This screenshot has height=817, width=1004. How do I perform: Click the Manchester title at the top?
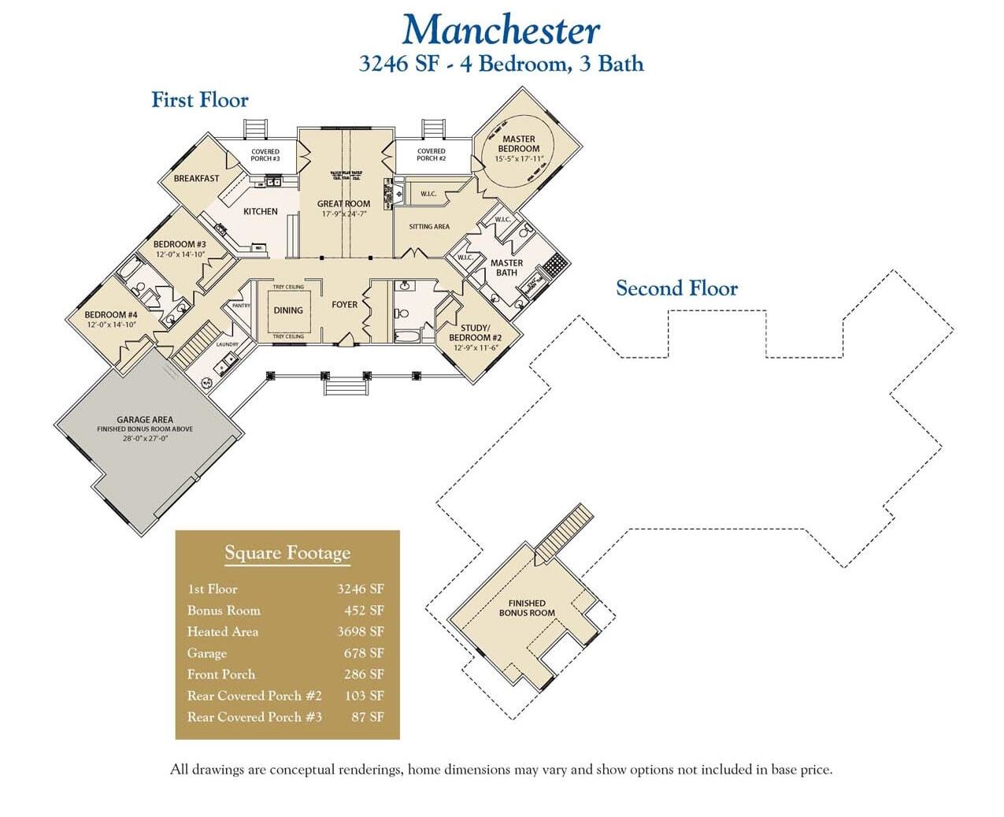pyautogui.click(x=501, y=31)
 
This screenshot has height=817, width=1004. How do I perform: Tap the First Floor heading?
pyautogui.click(x=200, y=100)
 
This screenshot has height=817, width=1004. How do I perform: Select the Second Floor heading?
pyautogui.click(x=676, y=288)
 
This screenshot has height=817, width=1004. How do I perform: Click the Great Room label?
pyautogui.click(x=343, y=204)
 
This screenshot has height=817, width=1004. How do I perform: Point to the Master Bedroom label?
pyautogui.click(x=519, y=144)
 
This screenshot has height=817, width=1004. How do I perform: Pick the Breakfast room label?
pyautogui.click(x=197, y=179)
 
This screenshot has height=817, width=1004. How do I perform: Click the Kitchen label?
pyautogui.click(x=261, y=211)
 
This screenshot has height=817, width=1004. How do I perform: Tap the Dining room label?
pyautogui.click(x=288, y=310)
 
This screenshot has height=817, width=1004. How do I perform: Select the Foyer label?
pyautogui.click(x=344, y=304)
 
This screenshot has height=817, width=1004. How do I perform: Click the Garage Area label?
pyautogui.click(x=145, y=420)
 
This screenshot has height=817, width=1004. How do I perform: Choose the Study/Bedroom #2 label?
pyautogui.click(x=475, y=332)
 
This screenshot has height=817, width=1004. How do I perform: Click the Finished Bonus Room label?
pyautogui.click(x=527, y=608)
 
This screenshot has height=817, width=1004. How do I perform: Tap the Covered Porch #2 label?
pyautogui.click(x=431, y=154)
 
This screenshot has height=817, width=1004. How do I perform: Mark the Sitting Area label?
pyautogui.click(x=429, y=227)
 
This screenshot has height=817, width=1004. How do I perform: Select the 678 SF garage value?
pyautogui.click(x=364, y=653)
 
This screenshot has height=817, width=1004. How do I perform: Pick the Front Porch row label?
pyautogui.click(x=221, y=674)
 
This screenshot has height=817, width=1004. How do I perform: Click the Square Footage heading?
pyautogui.click(x=287, y=553)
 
